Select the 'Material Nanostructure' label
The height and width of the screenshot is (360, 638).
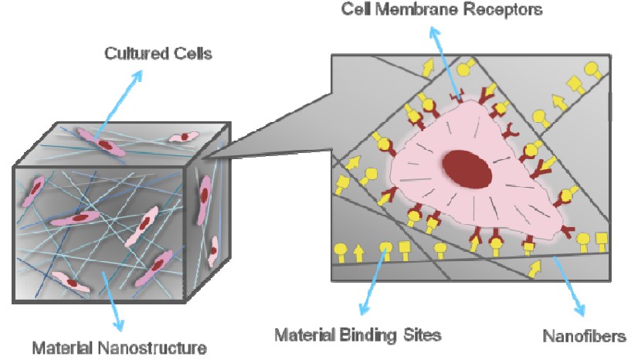(x=119, y=348)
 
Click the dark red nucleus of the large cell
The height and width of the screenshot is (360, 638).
(x=467, y=169)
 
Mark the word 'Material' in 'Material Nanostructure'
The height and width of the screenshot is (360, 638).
(x=58, y=348)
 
